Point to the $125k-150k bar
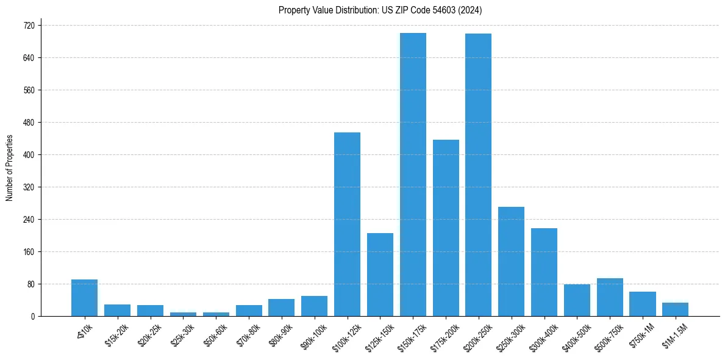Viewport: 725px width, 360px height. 380,275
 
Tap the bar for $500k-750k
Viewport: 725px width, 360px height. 610,297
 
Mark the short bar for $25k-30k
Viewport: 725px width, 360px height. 183,314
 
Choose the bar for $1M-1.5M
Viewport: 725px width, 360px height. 675,309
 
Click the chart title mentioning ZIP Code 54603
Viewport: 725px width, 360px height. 380,10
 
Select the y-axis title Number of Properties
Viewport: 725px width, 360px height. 10,168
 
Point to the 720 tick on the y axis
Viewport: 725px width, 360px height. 28,26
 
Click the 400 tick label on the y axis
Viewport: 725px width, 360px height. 28,155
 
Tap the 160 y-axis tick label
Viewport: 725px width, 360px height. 28,252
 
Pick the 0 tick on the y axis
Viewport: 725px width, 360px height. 32,317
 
